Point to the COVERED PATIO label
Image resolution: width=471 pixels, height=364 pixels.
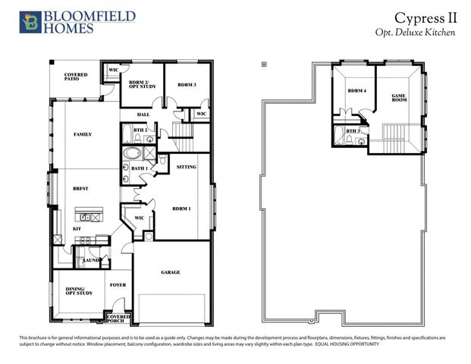(76, 77)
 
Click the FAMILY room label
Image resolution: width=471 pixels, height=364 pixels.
(82, 134)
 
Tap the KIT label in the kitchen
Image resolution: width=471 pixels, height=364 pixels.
(77, 228)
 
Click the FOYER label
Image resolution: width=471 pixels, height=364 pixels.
(118, 285)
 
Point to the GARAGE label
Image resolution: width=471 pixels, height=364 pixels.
(170, 272)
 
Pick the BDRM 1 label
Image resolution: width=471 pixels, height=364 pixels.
(181, 208)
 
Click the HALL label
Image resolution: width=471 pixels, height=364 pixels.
(143, 115)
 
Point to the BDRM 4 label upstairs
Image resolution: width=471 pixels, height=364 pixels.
(356, 91)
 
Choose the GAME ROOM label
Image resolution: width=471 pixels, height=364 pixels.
(398, 98)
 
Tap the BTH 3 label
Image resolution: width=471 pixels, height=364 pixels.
(353, 131)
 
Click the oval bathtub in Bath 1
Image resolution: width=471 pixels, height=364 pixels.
(126, 162)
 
